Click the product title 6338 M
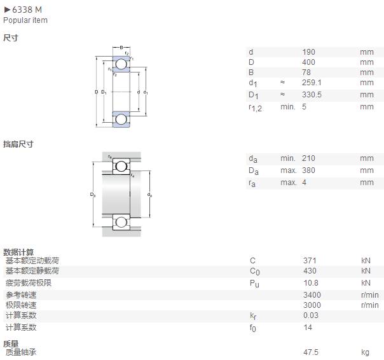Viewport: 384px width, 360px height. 27,10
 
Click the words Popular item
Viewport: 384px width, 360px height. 25,20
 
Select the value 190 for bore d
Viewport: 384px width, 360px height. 308,52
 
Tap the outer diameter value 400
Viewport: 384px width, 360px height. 308,62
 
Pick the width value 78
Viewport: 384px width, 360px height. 306,73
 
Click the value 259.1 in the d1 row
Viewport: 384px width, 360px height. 312,83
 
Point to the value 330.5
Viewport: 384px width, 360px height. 312,95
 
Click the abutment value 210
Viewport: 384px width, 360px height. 308,158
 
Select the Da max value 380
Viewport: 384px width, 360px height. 308,170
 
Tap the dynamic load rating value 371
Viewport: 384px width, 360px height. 310,261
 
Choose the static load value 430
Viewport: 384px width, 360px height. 310,271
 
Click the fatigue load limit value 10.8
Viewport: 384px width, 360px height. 311,283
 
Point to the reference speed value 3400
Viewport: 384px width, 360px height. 312,295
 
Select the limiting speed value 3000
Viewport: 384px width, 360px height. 312,305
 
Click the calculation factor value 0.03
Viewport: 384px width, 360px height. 311,315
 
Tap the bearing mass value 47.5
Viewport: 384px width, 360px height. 311,352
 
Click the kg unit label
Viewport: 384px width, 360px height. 365,352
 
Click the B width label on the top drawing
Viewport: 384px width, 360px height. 121,48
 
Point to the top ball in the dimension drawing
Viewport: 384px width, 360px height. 121,64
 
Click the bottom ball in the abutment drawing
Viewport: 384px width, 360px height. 121,222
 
